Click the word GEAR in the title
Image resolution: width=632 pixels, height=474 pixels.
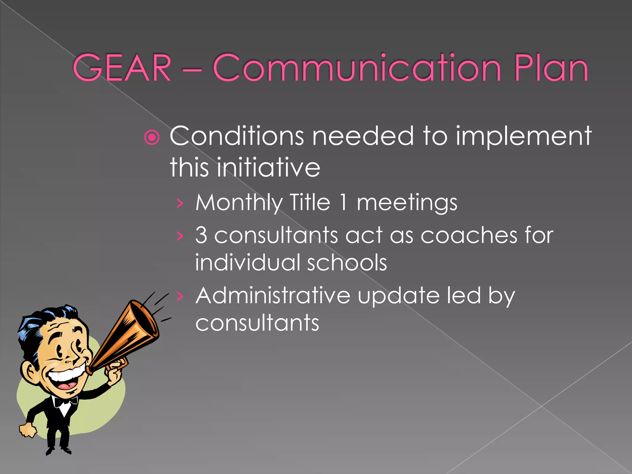(x=122, y=68)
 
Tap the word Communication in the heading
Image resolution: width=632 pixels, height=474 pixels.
(x=356, y=68)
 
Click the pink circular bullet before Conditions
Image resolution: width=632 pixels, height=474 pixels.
(x=152, y=137)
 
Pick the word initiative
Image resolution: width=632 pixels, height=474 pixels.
(x=268, y=167)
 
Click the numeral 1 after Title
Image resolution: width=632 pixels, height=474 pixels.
(x=343, y=202)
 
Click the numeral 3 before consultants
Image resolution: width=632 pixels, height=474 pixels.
(x=201, y=235)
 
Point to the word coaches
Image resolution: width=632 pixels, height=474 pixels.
(x=469, y=235)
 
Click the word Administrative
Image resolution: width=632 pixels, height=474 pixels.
(x=273, y=296)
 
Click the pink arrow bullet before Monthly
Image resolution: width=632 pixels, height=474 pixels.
(x=180, y=203)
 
